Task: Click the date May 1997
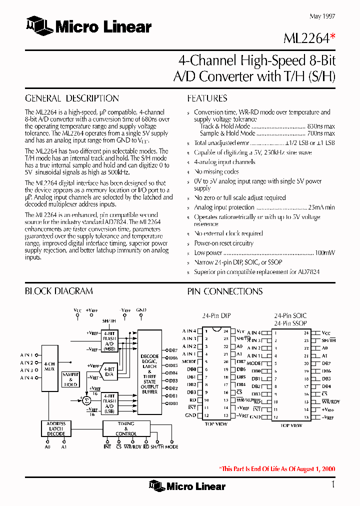pos(322,16)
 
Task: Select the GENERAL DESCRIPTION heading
pos(72,98)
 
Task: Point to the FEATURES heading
pos(207,98)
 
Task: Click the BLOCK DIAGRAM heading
pos(59,291)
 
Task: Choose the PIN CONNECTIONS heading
pos(224,291)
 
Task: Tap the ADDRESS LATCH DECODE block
pos(56,428)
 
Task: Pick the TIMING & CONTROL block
pos(125,428)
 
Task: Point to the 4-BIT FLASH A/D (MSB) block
pos(109,341)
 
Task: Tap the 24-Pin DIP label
pos(216,316)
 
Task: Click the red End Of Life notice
pos(277,469)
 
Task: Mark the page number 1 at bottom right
pos(332,484)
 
